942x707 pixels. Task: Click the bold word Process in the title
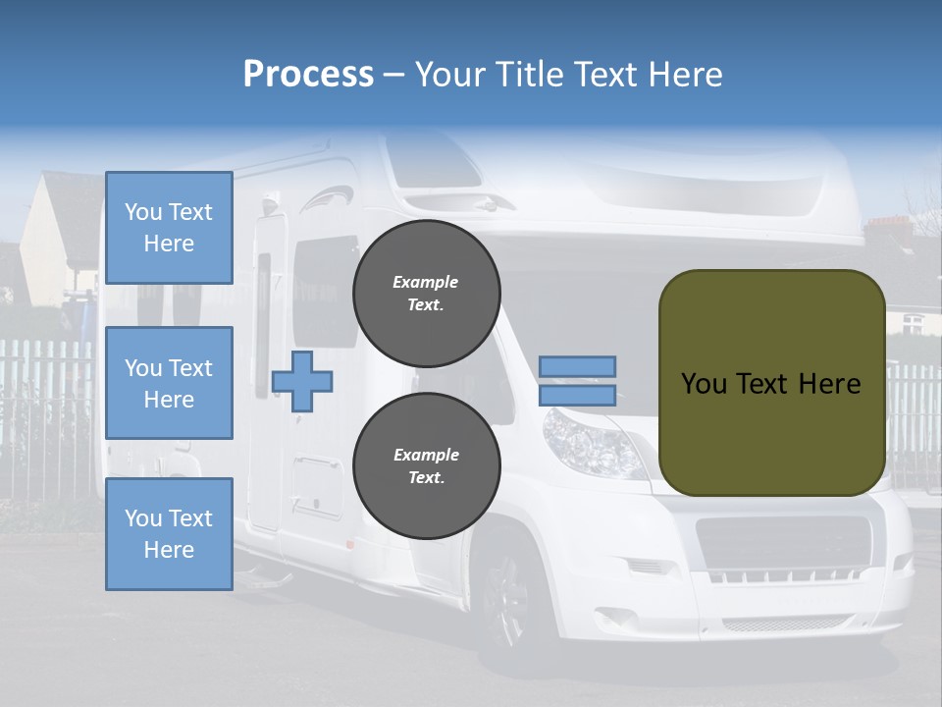point(308,75)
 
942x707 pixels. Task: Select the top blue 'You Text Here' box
point(169,228)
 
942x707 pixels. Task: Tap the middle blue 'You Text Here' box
point(169,383)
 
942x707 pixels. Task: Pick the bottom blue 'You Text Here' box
point(169,534)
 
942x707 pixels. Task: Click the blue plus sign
point(302,381)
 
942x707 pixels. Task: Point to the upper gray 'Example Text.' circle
point(426,294)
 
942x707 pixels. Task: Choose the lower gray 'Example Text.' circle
point(426,466)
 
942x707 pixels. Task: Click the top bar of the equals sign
point(578,366)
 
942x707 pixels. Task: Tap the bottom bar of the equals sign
point(578,396)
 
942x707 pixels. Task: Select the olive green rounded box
point(771,383)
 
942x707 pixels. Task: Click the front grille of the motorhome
point(775,541)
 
